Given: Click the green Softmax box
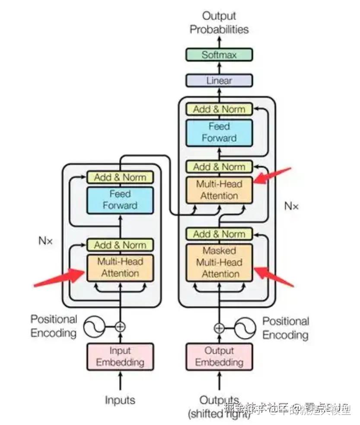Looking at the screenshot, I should (219, 55).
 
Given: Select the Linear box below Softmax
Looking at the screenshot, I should (219, 80).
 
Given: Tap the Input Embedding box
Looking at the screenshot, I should (120, 356).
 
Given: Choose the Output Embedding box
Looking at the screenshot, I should (219, 356).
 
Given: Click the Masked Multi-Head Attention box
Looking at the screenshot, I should (219, 262).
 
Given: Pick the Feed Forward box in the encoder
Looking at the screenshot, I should (120, 200).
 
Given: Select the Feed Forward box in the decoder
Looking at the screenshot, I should (219, 132).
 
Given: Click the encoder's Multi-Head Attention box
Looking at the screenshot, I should (120, 268).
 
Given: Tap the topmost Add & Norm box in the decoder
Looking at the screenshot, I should (219, 109).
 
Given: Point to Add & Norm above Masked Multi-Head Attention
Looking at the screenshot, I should (219, 234).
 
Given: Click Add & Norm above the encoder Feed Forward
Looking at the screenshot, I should (120, 177).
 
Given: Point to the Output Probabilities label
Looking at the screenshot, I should (219, 23).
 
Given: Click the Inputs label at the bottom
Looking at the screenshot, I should (120, 400).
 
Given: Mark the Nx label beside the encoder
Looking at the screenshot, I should (45, 241).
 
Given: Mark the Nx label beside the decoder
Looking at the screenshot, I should (291, 206).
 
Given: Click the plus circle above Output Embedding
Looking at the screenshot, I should (219, 328).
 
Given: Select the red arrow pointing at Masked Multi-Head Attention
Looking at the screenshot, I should (274, 276).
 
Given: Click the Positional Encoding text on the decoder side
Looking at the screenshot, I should (286, 328).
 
